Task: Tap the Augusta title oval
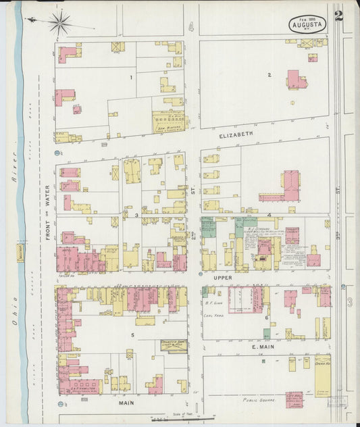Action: click(308, 24)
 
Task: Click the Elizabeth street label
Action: click(236, 134)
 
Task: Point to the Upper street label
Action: click(222, 277)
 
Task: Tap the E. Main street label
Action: click(261, 347)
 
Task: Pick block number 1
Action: click(131, 77)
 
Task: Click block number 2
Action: click(269, 74)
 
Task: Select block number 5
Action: click(132, 334)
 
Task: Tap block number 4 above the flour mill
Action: click(268, 216)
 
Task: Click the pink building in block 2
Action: click(296, 80)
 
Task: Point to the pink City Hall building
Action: click(294, 399)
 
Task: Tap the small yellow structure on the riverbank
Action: click(20, 252)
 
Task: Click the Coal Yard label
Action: click(213, 315)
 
